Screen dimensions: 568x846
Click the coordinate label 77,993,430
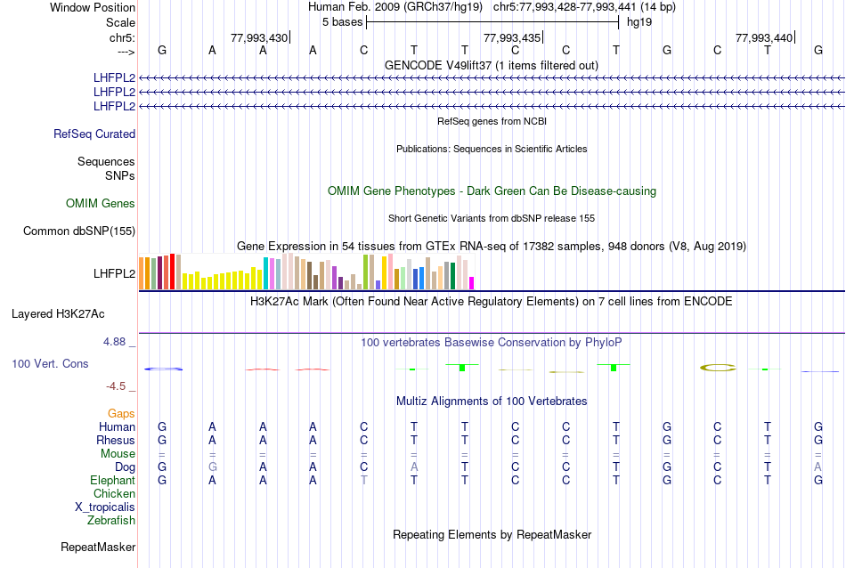pos(259,37)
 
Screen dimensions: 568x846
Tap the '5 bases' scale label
pos(342,21)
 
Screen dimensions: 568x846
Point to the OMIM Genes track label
pos(101,204)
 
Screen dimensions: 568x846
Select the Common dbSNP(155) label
pos(79,231)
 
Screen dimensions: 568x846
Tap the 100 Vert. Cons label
pos(50,364)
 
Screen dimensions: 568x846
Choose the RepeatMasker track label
pos(98,547)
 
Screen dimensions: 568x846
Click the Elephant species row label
pos(112,480)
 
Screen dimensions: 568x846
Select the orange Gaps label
pos(121,414)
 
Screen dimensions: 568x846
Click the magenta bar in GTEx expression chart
pos(472,283)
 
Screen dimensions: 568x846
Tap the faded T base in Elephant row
pos(363,480)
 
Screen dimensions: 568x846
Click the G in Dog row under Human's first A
pos(212,467)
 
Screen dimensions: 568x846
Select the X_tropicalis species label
pos(105,507)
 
